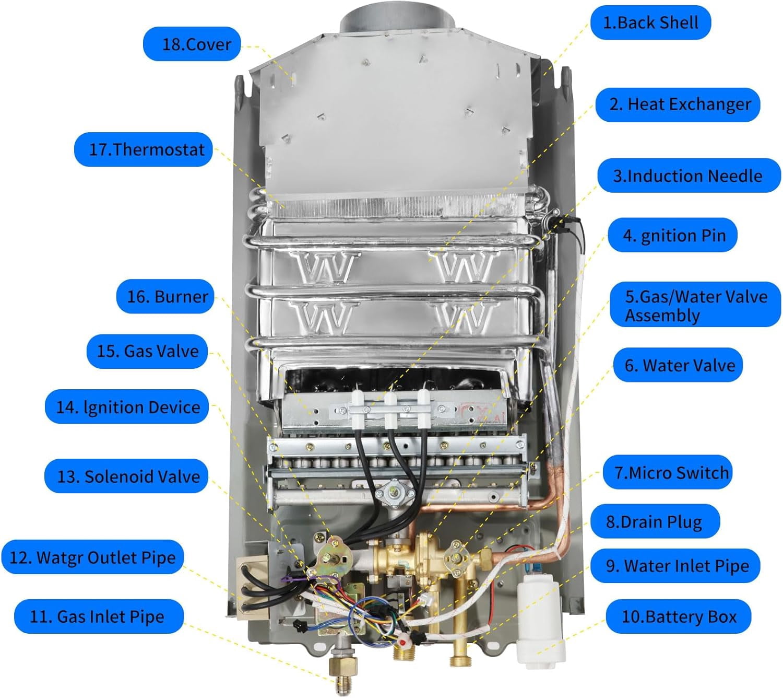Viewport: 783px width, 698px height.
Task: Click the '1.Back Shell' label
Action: [x=650, y=22]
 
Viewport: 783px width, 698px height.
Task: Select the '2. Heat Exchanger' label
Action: [x=678, y=104]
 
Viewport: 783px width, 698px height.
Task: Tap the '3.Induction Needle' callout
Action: [x=689, y=175]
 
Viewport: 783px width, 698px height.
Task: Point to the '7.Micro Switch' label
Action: [x=668, y=472]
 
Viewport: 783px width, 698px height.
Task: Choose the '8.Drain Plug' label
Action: [x=655, y=521]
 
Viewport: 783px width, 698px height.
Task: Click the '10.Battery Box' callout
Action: [x=678, y=616]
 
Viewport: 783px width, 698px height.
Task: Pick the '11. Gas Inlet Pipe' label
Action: [x=99, y=616]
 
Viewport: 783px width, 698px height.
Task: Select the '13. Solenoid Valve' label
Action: [x=126, y=476]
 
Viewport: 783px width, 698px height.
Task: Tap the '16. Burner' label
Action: [x=165, y=296]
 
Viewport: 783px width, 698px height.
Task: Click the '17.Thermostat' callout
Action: [x=144, y=149]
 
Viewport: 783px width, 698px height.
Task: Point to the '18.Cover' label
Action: [x=192, y=44]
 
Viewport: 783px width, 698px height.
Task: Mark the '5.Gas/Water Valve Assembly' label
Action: [x=695, y=305]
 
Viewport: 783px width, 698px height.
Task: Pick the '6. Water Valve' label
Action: [x=678, y=365]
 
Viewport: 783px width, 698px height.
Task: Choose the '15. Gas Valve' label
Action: [x=147, y=351]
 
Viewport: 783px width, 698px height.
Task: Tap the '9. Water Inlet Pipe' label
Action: [x=675, y=565]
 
